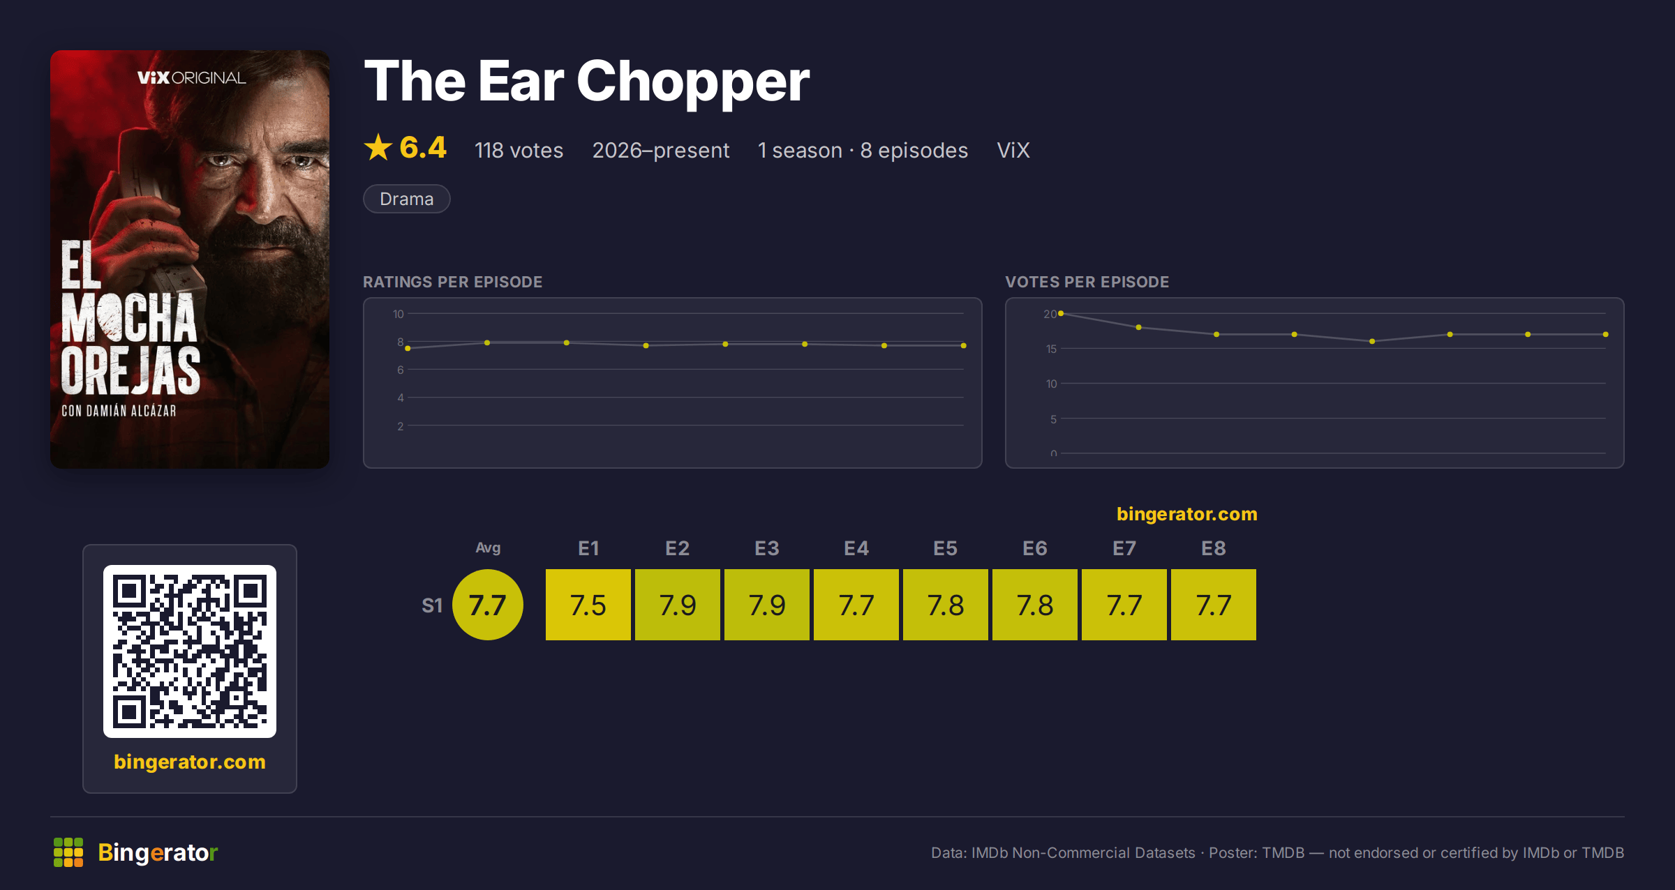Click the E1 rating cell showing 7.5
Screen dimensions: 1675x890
pyautogui.click(x=588, y=605)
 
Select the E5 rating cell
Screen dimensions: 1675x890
pyautogui.click(x=945, y=605)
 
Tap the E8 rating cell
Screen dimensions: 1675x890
pyautogui.click(x=1213, y=605)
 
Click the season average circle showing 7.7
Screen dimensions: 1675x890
pyautogui.click(x=487, y=605)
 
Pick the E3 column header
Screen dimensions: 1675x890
pyautogui.click(x=766, y=548)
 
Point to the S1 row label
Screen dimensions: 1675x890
pyautogui.click(x=432, y=605)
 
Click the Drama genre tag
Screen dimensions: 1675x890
pyautogui.click(x=406, y=199)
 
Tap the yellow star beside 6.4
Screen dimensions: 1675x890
pyautogui.click(x=378, y=147)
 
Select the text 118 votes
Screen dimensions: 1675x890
pyautogui.click(x=519, y=150)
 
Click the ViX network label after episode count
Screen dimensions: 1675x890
pyautogui.click(x=1013, y=150)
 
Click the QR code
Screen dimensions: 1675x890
pyautogui.click(x=190, y=651)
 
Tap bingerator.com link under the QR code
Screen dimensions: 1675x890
pyautogui.click(x=190, y=762)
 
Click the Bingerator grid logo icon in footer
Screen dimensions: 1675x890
pyautogui.click(x=68, y=852)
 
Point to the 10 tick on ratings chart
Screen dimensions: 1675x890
pyautogui.click(x=398, y=314)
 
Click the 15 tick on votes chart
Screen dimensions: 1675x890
pyautogui.click(x=1051, y=349)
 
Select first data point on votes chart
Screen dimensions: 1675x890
pyautogui.click(x=1061, y=313)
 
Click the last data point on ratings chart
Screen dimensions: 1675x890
pyautogui.click(x=963, y=345)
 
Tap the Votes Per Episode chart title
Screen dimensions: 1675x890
pyautogui.click(x=1087, y=282)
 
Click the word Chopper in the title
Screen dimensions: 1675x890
pyautogui.click(x=692, y=82)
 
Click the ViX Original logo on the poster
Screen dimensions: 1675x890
pyautogui.click(x=191, y=77)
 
